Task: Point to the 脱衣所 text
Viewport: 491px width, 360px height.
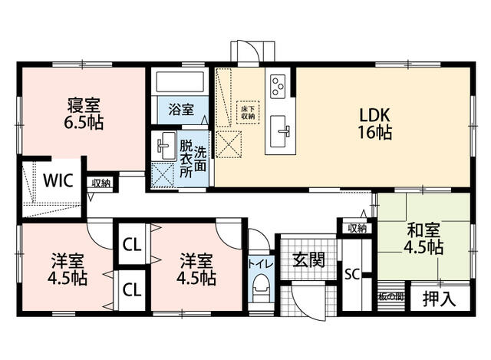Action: (186, 157)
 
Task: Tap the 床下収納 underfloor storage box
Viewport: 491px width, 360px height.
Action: (247, 111)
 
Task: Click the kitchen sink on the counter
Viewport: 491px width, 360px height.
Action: (280, 131)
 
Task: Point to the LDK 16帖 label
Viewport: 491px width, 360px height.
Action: (376, 123)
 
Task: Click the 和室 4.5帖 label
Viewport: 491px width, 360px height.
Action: (423, 237)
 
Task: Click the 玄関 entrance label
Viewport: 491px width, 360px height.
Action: (308, 259)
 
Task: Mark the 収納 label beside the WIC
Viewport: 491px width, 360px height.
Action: (101, 183)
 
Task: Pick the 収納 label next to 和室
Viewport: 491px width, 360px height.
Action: (356, 228)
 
